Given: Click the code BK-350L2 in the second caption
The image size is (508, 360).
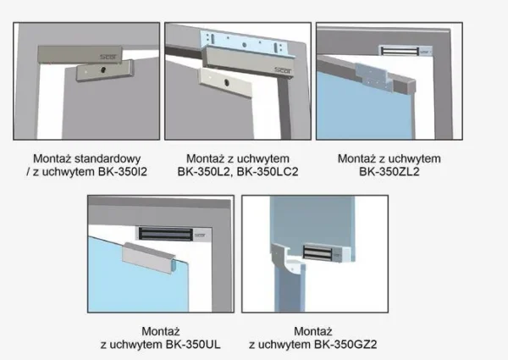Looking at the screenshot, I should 205,171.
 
